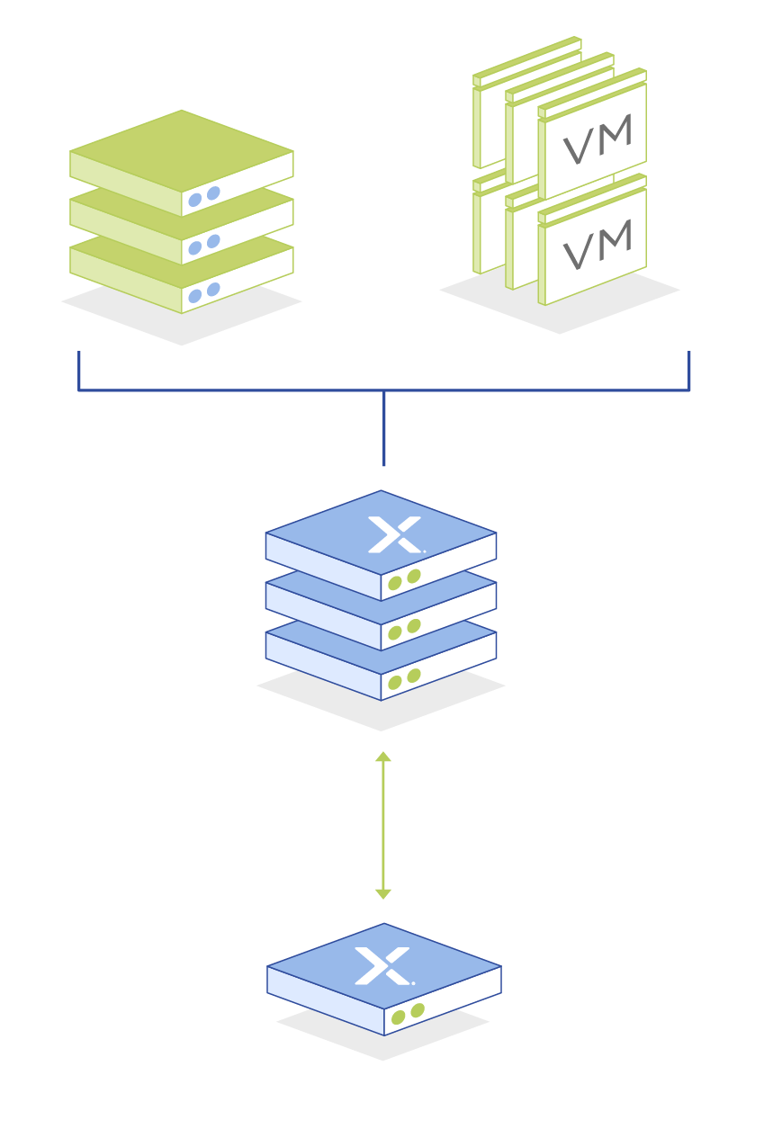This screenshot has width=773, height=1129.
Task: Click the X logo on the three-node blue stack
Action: [394, 534]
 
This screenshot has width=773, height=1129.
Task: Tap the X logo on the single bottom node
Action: [382, 966]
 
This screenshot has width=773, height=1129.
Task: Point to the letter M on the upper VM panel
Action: [615, 134]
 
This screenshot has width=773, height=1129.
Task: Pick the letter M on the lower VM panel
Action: [615, 238]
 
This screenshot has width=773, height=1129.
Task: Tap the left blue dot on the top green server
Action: [194, 200]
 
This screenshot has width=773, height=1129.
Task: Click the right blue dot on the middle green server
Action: [213, 241]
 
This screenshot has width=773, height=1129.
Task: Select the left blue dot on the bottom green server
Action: [194, 296]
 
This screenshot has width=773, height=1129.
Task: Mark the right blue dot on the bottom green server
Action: [213, 289]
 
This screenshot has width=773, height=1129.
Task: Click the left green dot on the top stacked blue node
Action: [394, 583]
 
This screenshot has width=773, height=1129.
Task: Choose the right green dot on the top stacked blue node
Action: [413, 576]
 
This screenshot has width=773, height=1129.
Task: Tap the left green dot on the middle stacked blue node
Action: [394, 632]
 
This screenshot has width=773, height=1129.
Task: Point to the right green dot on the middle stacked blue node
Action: [413, 625]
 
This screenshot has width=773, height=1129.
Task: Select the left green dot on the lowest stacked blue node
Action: [394, 683]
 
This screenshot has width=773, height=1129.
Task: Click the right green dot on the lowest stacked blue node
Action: [413, 676]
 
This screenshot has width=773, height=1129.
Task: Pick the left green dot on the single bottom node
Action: [398, 1017]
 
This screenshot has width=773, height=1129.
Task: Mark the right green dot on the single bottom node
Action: [417, 1010]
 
